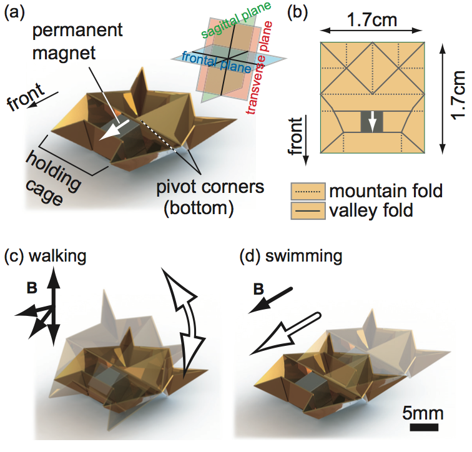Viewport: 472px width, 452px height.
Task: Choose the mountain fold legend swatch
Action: [310, 190]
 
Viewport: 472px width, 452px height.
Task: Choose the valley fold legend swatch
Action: [310, 210]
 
